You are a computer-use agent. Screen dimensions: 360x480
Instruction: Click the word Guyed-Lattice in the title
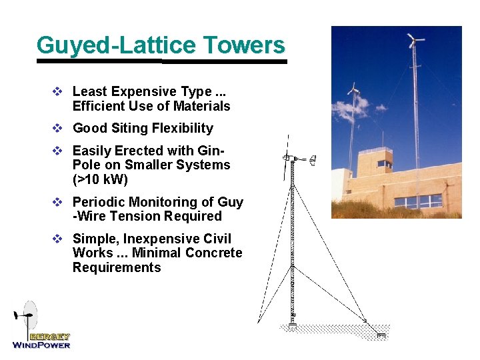(x=117, y=45)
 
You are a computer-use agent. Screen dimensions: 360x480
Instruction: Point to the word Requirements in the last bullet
(x=117, y=267)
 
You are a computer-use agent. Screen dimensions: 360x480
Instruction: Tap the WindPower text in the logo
(x=41, y=345)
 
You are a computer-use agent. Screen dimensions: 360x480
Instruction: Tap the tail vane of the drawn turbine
(x=313, y=159)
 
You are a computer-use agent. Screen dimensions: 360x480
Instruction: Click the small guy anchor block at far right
(x=381, y=335)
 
